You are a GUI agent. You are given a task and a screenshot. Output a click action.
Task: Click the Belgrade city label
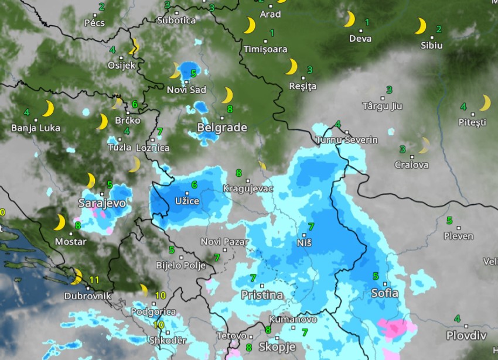222,127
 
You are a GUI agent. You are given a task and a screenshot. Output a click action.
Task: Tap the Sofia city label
385,293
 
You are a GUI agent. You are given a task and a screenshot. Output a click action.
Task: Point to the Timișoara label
265,49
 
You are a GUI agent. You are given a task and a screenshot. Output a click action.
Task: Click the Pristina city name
262,295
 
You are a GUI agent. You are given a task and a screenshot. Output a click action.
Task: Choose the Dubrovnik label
87,296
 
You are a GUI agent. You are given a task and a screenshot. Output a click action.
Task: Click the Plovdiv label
466,335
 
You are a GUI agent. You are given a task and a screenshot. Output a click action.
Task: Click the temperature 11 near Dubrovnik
94,279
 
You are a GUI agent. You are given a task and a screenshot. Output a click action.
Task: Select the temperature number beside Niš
311,227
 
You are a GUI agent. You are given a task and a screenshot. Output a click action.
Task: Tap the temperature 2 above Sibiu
438,29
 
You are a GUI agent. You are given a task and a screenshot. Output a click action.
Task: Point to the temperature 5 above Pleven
449,221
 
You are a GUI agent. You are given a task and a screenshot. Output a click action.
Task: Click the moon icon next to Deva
349,19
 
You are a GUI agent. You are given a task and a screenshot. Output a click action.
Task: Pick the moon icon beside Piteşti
485,103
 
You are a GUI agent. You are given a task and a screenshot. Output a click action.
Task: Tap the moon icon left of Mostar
60,222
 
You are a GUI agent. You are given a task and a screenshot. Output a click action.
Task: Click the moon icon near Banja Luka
48,109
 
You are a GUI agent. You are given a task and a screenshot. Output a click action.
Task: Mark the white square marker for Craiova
412,156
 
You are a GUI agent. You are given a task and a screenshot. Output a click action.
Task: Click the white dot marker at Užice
187,193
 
